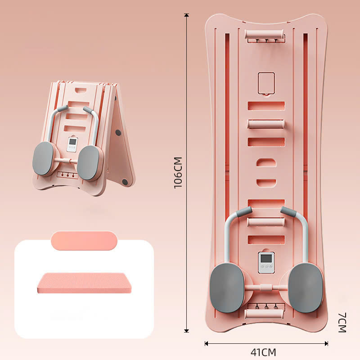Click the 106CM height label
tap(179, 173)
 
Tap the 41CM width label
tap(264, 351)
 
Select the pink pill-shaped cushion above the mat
tap(84, 240)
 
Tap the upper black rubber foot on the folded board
tap(118, 133)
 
